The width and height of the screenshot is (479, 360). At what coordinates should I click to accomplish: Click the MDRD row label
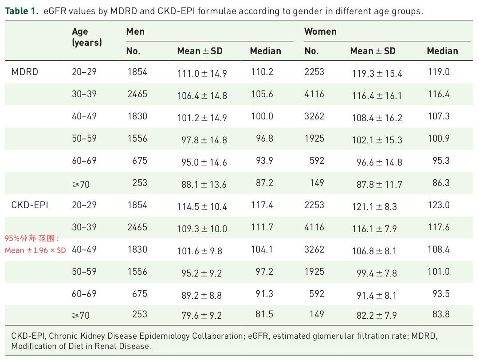pyautogui.click(x=25, y=72)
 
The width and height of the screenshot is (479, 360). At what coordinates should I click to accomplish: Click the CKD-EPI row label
pyautogui.click(x=30, y=205)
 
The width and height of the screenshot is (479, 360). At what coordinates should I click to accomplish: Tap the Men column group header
pyautogui.click(x=135, y=32)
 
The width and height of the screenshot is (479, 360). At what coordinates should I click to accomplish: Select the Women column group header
pyautogui.click(x=321, y=32)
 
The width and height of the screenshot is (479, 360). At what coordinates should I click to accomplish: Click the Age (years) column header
pyautogui.click(x=87, y=37)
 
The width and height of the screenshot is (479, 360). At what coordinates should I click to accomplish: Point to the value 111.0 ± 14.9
pyautogui.click(x=202, y=73)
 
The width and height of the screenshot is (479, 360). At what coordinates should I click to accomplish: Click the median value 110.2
pyautogui.click(x=262, y=72)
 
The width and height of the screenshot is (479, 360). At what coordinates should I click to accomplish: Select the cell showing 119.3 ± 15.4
pyautogui.click(x=377, y=73)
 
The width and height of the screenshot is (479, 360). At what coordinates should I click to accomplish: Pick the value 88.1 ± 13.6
pyautogui.click(x=204, y=184)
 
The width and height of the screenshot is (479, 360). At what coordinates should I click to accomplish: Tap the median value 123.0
pyautogui.click(x=439, y=205)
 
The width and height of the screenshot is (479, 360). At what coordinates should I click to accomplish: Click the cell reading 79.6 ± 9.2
pyautogui.click(x=202, y=315)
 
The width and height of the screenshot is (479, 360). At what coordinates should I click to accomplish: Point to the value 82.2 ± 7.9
pyautogui.click(x=377, y=315)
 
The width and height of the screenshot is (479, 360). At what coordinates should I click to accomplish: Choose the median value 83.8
pyautogui.click(x=441, y=314)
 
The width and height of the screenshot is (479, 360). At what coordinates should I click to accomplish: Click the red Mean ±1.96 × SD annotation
pyautogui.click(x=35, y=250)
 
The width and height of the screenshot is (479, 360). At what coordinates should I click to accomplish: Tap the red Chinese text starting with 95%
pyautogui.click(x=32, y=238)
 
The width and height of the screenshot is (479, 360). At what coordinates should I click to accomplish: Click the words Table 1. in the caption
pyautogui.click(x=22, y=11)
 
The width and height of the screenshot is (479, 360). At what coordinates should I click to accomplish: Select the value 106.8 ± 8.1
pyautogui.click(x=374, y=251)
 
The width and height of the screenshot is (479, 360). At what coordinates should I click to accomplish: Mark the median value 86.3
pyautogui.click(x=441, y=183)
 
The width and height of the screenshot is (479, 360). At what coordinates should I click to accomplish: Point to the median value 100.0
pyautogui.click(x=262, y=116)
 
